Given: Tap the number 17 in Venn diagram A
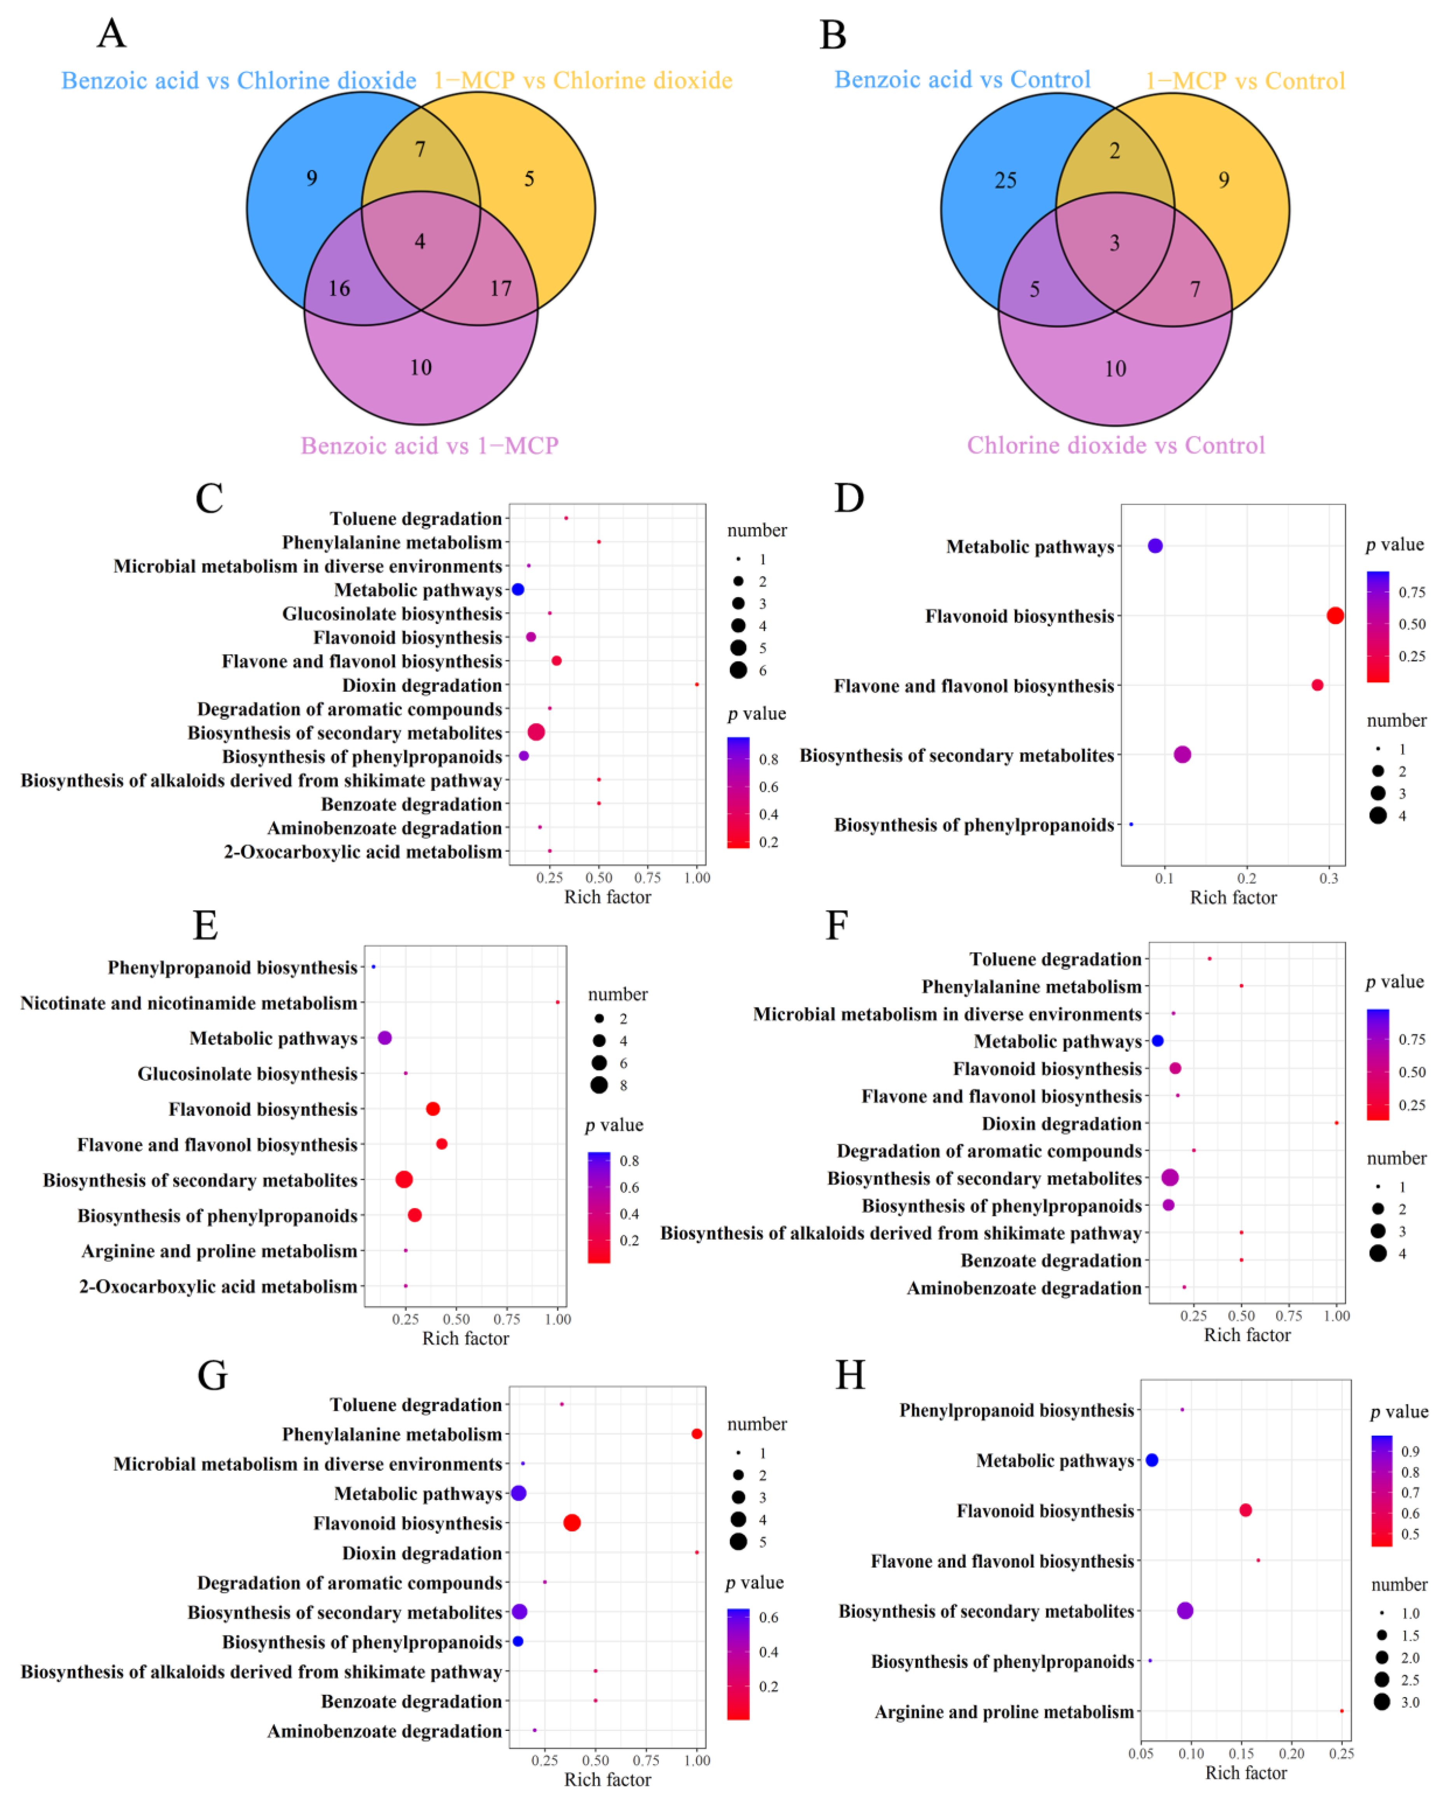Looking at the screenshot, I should pos(501,289).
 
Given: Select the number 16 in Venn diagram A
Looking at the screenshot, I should pos(339,289).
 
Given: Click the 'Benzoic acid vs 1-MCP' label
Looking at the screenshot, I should pos(429,445).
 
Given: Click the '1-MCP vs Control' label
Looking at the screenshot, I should pos(1245,81).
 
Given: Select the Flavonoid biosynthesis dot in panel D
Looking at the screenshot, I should pos(1334,616).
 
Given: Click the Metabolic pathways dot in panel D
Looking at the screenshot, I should pos(1155,546).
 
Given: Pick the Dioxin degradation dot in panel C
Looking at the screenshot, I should pos(696,685).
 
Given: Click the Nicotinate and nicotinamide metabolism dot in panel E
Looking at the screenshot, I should pos(557,1002).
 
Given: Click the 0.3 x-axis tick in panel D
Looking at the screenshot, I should pos(1328,878).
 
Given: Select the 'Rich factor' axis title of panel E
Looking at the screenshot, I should pos(465,1338).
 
